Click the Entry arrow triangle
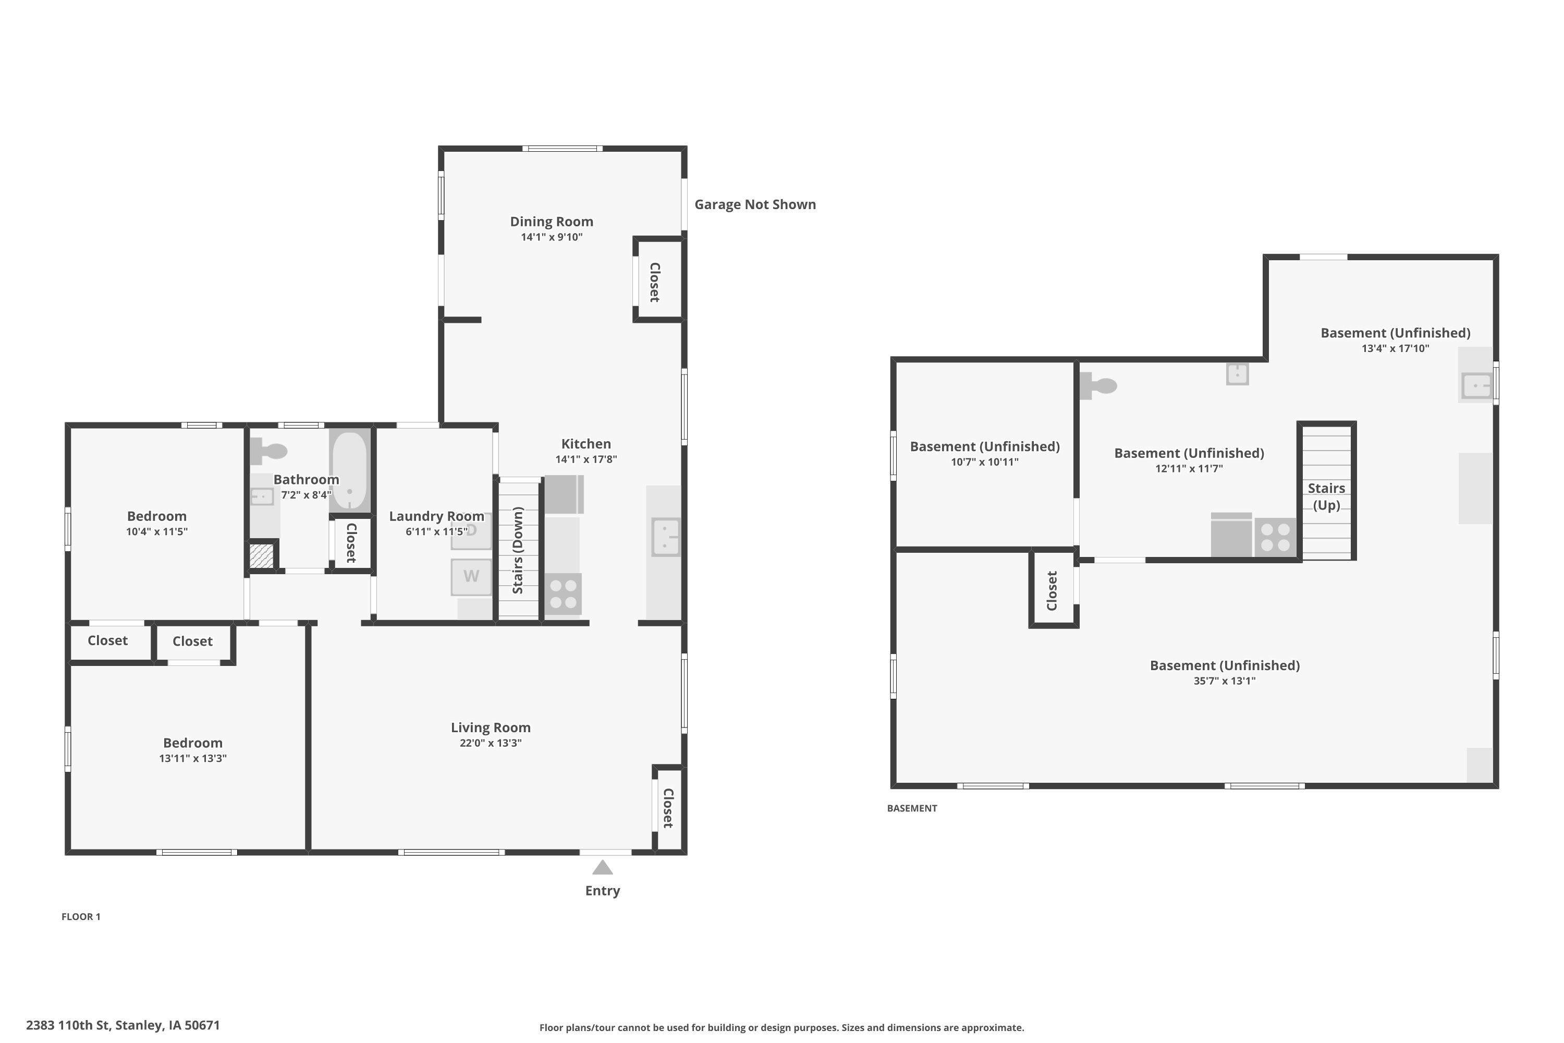pyautogui.click(x=603, y=867)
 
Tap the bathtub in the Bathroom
pyautogui.click(x=350, y=471)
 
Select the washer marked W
pyautogui.click(x=471, y=577)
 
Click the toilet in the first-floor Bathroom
pyautogui.click(x=268, y=451)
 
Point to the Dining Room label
pyautogui.click(x=551, y=222)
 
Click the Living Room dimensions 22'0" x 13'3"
pyautogui.click(x=491, y=743)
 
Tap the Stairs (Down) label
pyautogui.click(x=518, y=550)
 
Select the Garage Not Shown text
pyautogui.click(x=755, y=204)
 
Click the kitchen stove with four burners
pyautogui.click(x=563, y=594)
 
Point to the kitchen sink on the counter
pyautogui.click(x=666, y=537)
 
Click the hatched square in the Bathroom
pyautogui.click(x=261, y=555)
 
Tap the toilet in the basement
pyautogui.click(x=1098, y=386)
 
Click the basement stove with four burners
pyautogui.click(x=1275, y=538)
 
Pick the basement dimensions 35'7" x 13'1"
pyautogui.click(x=1224, y=681)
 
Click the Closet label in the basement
pyautogui.click(x=1052, y=591)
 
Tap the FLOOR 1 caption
pyautogui.click(x=81, y=917)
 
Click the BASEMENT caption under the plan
pyautogui.click(x=912, y=808)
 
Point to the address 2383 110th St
pyautogui.click(x=68, y=1025)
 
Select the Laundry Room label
pyautogui.click(x=436, y=516)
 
